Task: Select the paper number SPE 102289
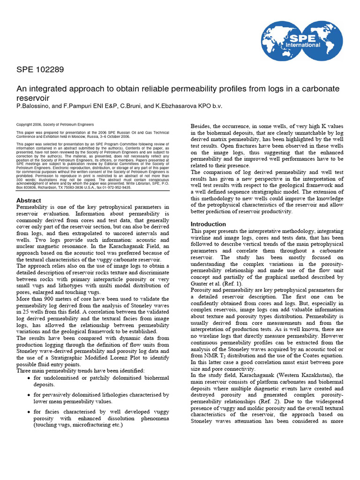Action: [x=40, y=70]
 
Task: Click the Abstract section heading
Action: [x=29, y=201]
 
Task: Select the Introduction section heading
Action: [x=208, y=224]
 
